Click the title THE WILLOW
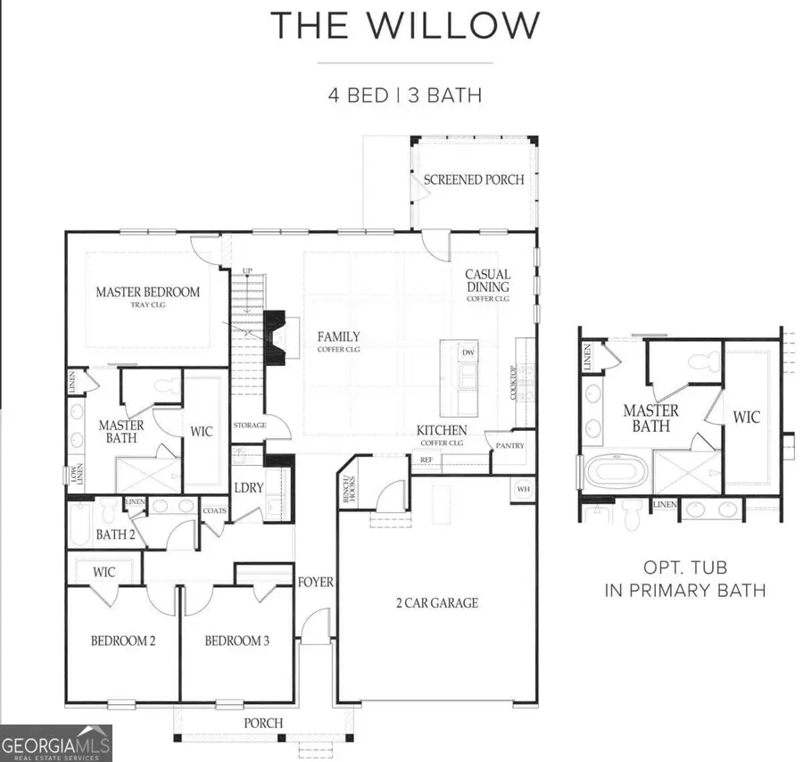tap(405, 25)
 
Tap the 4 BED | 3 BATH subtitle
tap(405, 94)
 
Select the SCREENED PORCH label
tap(474, 179)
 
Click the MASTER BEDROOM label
tap(148, 293)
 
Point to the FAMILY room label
tap(339, 337)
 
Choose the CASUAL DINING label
tap(488, 282)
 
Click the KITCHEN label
tap(442, 431)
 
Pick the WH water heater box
tap(522, 488)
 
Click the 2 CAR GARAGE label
tap(437, 603)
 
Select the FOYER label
tap(315, 583)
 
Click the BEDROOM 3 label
tap(236, 641)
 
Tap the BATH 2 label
tap(115, 534)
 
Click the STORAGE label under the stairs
tap(250, 426)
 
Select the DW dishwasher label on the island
tap(468, 352)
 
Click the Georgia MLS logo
tap(56, 742)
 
